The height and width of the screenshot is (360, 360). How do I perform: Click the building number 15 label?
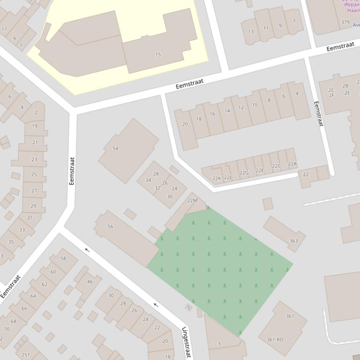click(x=158, y=55)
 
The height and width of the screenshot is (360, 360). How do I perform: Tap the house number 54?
click(x=115, y=149)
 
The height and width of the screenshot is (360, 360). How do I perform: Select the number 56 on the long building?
click(x=110, y=226)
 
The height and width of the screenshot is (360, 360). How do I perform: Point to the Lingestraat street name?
click(x=186, y=342)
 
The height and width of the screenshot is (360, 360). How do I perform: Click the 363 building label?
click(x=294, y=241)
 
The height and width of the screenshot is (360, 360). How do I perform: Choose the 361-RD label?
click(x=275, y=339)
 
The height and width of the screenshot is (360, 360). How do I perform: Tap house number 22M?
click(x=192, y=201)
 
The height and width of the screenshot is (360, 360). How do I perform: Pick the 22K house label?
click(x=216, y=179)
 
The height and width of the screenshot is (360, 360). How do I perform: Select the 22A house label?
click(x=292, y=164)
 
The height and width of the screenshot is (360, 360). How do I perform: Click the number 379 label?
click(x=345, y=22)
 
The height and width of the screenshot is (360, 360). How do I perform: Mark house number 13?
click(x=251, y=32)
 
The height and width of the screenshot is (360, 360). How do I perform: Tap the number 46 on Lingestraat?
click(x=90, y=282)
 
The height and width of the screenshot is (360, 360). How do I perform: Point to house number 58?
click(x=63, y=259)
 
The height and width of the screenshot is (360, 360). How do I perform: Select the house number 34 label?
click(x=148, y=180)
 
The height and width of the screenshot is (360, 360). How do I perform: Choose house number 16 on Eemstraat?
click(x=213, y=114)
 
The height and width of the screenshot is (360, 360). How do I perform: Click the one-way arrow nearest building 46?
click(x=87, y=250)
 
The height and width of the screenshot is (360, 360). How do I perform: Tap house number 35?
click(x=11, y=242)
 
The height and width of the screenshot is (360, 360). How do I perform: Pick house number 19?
click(x=35, y=126)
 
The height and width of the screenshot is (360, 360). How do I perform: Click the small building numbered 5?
click(x=189, y=307)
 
